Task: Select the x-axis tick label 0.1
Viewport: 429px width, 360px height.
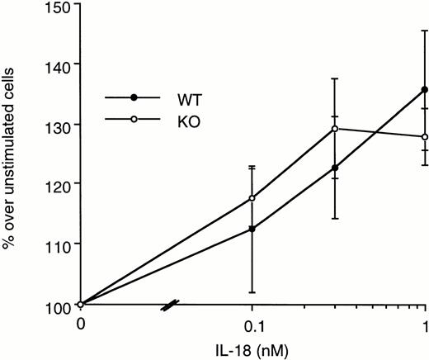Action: tap(252, 323)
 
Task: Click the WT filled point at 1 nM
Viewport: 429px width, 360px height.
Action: tap(424, 89)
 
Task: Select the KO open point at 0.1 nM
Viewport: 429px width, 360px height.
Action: tap(252, 198)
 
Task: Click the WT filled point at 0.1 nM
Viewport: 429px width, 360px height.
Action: tap(252, 229)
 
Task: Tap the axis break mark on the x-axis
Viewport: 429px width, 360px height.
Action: tap(167, 306)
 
